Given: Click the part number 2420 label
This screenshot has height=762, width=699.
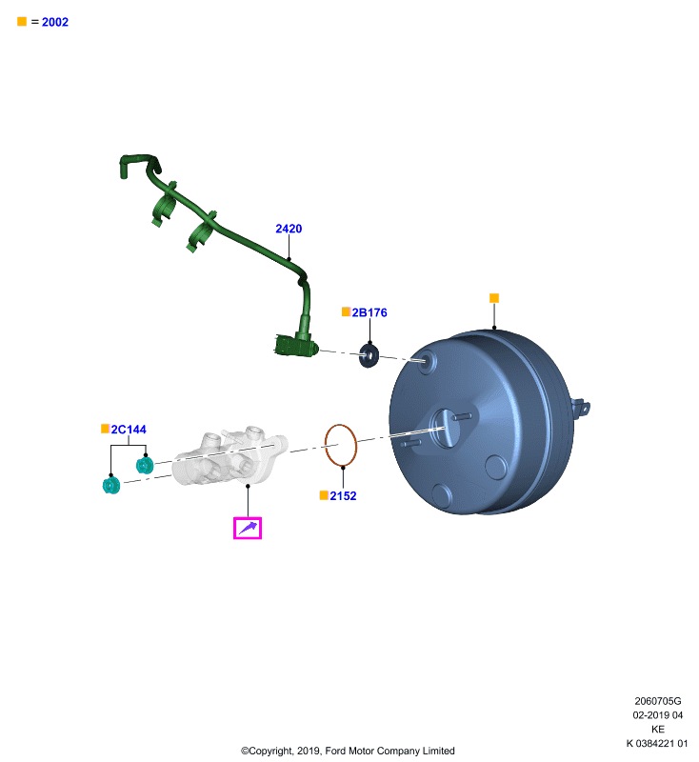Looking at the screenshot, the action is point(289,229).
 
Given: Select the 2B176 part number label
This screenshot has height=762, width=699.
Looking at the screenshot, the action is point(369,312).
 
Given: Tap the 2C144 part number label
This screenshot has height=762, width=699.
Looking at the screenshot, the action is point(129,430).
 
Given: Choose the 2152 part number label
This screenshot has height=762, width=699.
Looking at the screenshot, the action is point(343,495).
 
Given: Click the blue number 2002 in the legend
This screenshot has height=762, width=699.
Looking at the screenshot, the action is point(55,22).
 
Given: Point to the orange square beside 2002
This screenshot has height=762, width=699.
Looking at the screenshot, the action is point(22,21).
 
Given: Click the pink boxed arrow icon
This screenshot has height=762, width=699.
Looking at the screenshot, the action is point(248,528).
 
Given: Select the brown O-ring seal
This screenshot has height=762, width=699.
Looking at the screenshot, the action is point(325,445).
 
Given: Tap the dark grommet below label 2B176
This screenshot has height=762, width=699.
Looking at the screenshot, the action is point(369,355).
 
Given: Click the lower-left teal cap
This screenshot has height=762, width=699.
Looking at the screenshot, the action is point(111,485).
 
